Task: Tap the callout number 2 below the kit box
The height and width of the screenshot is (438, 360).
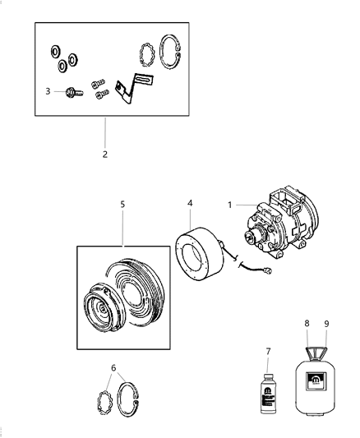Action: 104,154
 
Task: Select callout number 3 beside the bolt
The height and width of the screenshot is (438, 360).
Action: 48,91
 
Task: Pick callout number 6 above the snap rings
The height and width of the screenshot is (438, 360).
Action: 113,368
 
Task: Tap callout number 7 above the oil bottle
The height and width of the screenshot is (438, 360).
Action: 267,351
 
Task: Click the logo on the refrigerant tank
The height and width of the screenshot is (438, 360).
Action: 316,380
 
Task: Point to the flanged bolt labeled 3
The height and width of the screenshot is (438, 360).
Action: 70,92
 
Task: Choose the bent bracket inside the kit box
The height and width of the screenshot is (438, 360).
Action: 127,90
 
